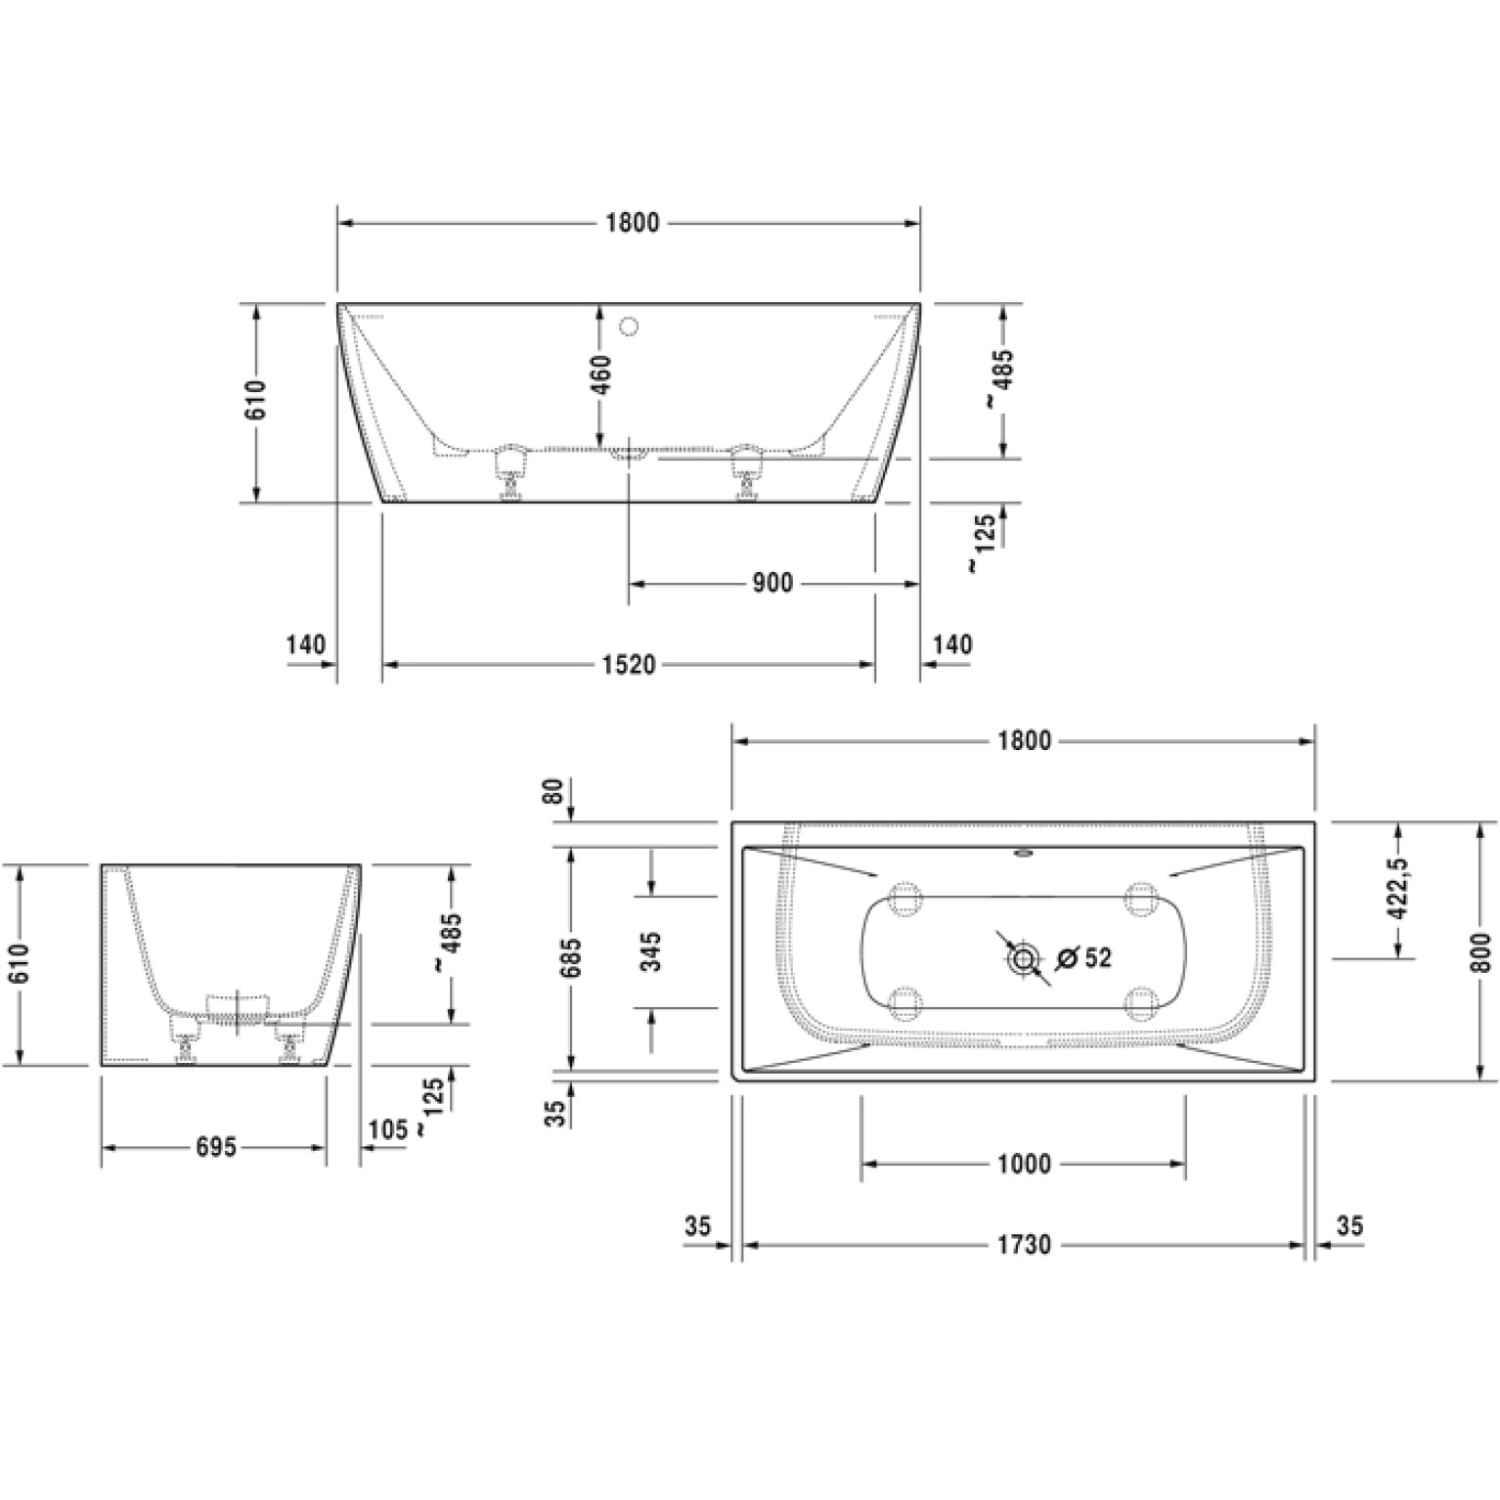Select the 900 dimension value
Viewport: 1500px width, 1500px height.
click(x=772, y=584)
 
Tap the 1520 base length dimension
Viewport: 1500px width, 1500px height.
click(x=627, y=665)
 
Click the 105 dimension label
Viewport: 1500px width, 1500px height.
click(x=386, y=1129)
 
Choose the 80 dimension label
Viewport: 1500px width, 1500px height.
click(x=553, y=790)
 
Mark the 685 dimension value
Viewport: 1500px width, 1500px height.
click(x=571, y=958)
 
